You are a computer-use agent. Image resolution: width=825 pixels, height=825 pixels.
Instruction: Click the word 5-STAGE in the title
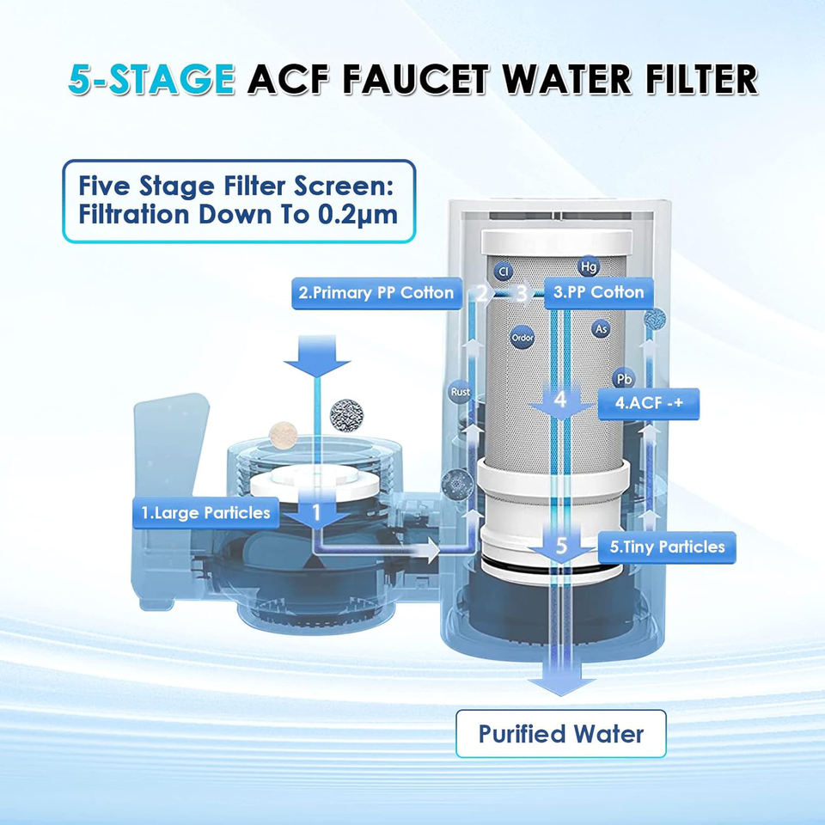(150, 79)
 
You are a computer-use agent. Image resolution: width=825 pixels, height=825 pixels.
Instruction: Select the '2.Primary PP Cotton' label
(376, 293)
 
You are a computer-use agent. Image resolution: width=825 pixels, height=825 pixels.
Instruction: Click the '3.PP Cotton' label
(597, 292)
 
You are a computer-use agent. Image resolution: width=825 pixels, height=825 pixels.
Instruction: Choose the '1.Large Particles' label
(206, 514)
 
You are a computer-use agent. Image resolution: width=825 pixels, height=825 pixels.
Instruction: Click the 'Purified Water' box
(560, 734)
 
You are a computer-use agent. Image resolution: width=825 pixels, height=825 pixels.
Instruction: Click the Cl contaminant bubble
(504, 272)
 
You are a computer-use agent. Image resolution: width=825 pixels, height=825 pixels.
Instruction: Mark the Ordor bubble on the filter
(522, 338)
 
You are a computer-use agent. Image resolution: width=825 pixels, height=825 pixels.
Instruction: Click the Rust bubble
(461, 393)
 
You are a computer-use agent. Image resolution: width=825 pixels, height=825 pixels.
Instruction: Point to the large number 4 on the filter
(560, 400)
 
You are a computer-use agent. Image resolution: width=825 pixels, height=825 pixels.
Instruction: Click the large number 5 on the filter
(561, 545)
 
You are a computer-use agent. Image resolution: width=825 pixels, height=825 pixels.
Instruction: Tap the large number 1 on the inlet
(316, 513)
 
